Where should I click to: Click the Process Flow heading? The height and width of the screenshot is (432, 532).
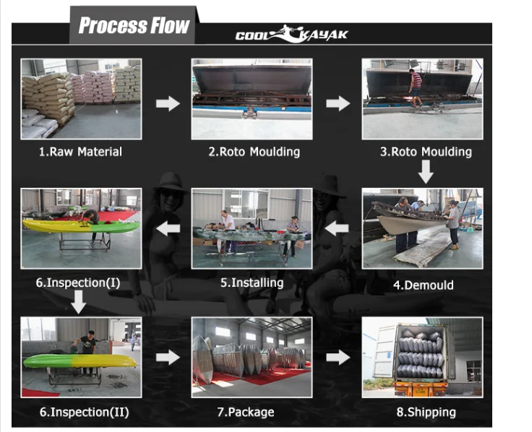pyautogui.click(x=134, y=27)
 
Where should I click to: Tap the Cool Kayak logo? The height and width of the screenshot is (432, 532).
pyautogui.click(x=291, y=35)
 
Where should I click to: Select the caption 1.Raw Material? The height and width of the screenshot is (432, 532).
pyautogui.click(x=80, y=152)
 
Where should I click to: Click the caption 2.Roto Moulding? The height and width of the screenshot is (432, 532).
pyautogui.click(x=254, y=152)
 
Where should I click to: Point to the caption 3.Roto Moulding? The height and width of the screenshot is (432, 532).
pyautogui.click(x=426, y=152)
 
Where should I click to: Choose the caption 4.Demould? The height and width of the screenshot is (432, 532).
pyautogui.click(x=423, y=285)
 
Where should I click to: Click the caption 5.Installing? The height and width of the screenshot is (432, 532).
pyautogui.click(x=252, y=282)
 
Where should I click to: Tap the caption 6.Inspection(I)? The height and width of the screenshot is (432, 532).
pyautogui.click(x=78, y=282)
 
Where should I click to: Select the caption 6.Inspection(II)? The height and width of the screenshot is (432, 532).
pyautogui.click(x=84, y=412)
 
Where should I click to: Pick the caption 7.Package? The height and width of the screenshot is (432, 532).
pyautogui.click(x=246, y=412)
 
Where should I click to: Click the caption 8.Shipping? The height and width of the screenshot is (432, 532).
pyautogui.click(x=426, y=412)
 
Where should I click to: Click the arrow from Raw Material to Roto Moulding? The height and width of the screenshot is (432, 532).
pyautogui.click(x=168, y=104)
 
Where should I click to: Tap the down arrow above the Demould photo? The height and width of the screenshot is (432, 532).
pyautogui.click(x=426, y=172)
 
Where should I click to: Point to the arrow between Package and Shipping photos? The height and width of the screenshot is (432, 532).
pyautogui.click(x=338, y=357)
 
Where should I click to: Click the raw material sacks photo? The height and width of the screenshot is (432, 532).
pyautogui.click(x=80, y=99)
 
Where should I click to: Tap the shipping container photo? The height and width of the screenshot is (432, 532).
pyautogui.click(x=422, y=357)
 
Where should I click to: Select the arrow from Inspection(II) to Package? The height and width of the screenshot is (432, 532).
pyautogui.click(x=168, y=357)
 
